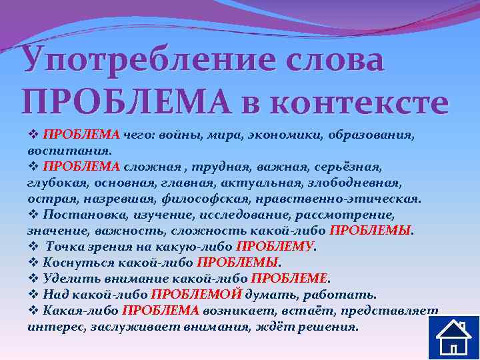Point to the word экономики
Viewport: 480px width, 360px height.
tap(289, 135)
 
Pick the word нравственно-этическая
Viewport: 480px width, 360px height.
tap(346, 199)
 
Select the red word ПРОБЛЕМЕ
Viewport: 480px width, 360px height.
tap(291, 279)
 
